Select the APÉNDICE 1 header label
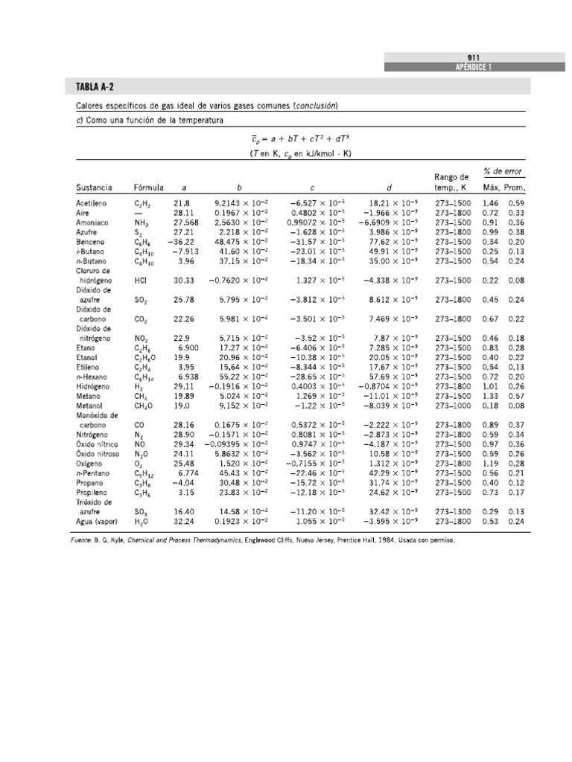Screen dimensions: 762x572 pos(474,68)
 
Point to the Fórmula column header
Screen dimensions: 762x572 pos(148,188)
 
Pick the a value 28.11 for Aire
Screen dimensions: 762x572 pos(182,213)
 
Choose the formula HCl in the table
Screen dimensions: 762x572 pos(140,281)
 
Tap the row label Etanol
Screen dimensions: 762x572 pos(87,358)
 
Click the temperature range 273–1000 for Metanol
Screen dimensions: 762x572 pos(452,406)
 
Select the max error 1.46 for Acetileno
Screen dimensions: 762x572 pos(490,203)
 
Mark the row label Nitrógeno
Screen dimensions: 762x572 pos(92,435)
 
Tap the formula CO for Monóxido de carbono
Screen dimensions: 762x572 pos(139,426)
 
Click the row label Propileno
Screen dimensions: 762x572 pos(91,493)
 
